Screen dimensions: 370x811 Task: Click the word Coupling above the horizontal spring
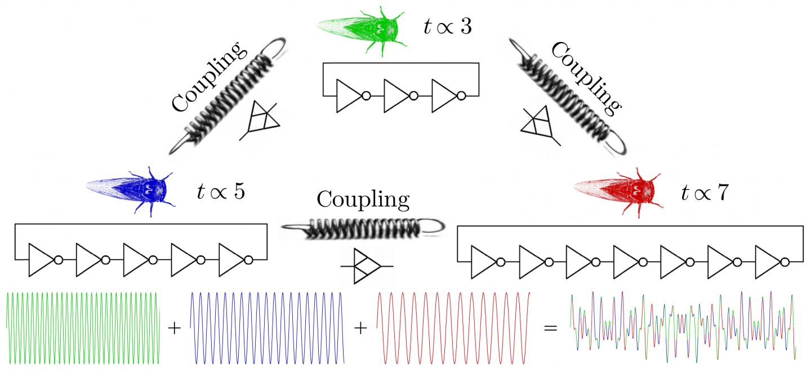pyautogui.click(x=363, y=199)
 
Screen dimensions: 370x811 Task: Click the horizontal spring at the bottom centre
pyautogui.click(x=360, y=228)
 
